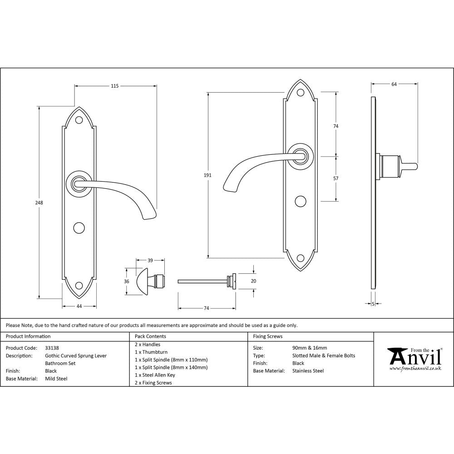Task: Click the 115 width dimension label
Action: (x=115, y=86)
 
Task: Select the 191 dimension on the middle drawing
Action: (x=208, y=175)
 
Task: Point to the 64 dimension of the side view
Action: (x=394, y=84)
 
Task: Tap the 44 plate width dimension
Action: (x=79, y=306)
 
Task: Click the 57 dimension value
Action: (x=336, y=178)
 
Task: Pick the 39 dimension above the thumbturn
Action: (x=150, y=260)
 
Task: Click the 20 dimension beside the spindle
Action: (x=253, y=281)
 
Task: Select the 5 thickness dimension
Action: (x=373, y=304)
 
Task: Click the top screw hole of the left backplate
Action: (x=79, y=120)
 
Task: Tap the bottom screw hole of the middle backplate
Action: (x=300, y=259)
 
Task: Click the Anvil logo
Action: (x=414, y=359)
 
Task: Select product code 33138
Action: (x=52, y=348)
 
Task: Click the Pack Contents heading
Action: (x=150, y=336)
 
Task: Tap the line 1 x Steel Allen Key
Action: (x=155, y=375)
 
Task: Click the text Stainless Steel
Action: (x=308, y=371)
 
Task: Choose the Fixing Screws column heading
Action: (x=267, y=336)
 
